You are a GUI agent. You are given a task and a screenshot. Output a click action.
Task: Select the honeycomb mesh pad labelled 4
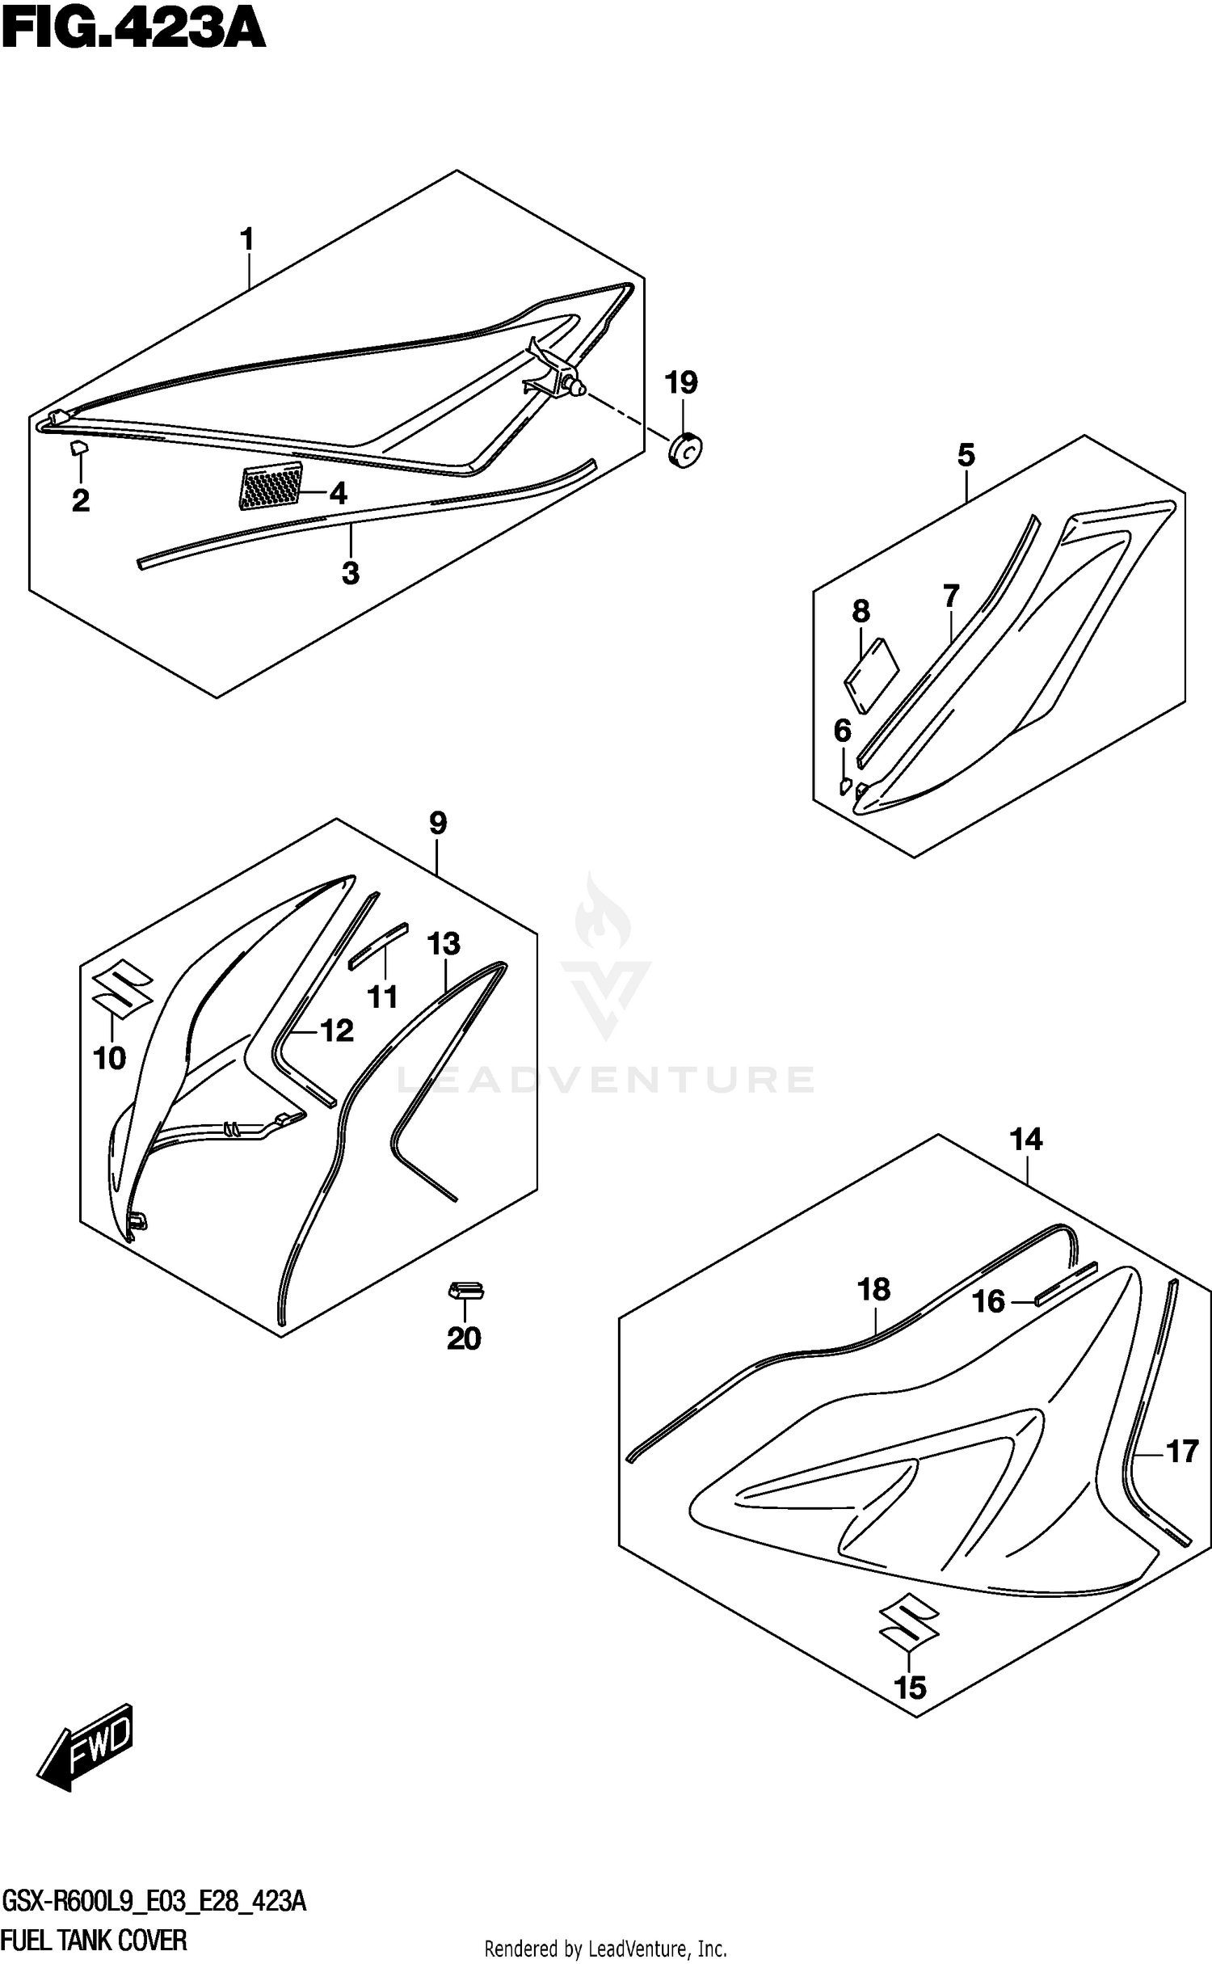tap(271, 487)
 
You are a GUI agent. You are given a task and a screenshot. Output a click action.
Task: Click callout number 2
tap(80, 501)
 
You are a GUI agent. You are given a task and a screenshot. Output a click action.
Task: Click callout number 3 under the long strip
tap(350, 573)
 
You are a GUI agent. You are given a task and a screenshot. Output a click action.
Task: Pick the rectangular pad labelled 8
tap(872, 676)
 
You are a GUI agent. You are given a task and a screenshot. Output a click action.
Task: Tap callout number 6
tap(842, 731)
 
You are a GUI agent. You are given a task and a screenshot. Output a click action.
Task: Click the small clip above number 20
tap(466, 1291)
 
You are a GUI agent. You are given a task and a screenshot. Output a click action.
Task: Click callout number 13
tap(444, 943)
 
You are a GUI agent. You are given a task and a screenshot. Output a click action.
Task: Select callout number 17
tap(1182, 1452)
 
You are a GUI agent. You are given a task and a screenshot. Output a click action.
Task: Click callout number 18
tap(874, 1289)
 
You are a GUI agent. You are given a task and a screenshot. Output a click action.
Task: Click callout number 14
tap(1026, 1140)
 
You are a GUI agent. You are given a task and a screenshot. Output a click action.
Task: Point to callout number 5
tap(966, 455)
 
